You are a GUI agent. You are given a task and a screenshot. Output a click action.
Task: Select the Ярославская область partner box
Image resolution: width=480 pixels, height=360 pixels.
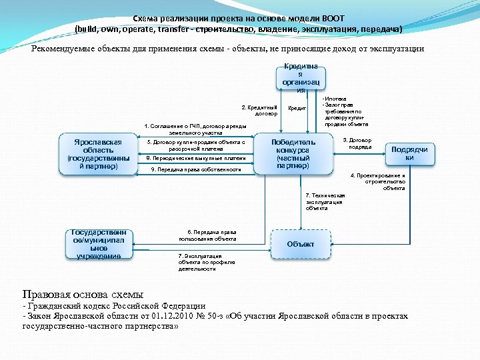[x=99, y=155]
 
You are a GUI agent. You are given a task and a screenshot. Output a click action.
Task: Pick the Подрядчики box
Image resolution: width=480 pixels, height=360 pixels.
[x=409, y=153]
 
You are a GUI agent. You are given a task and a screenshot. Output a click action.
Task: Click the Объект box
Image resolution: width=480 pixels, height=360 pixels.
[x=301, y=244]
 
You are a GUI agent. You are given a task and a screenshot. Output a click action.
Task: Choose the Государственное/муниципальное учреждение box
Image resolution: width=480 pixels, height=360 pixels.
[x=99, y=244]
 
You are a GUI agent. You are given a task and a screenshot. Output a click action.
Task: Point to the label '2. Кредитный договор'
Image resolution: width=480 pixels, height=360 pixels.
[x=260, y=109]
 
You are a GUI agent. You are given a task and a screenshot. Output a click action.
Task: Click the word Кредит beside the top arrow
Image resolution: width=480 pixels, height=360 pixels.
[x=297, y=107]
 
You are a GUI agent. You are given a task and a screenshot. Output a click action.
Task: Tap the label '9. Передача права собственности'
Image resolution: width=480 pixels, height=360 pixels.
[x=196, y=170]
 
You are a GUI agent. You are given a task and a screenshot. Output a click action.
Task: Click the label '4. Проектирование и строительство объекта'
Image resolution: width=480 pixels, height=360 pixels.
[x=378, y=182]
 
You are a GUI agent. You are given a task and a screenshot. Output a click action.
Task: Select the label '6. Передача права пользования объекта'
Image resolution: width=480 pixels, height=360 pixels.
[x=207, y=235]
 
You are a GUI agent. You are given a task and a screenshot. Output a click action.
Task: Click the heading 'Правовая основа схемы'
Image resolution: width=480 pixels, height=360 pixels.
[x=83, y=294]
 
